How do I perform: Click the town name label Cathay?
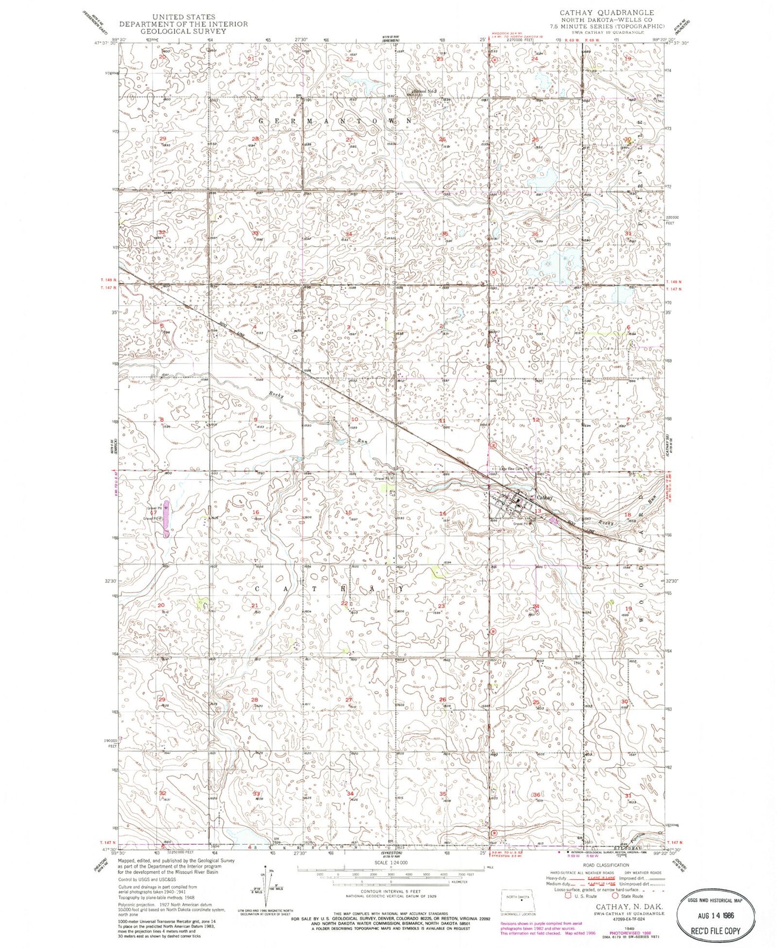tap(544, 497)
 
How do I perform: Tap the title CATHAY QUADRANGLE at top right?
tap(607, 12)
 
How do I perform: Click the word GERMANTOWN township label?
tap(336, 121)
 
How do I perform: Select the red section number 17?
tap(153, 512)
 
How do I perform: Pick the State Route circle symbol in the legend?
tap(615, 896)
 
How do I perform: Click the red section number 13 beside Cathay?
tap(537, 511)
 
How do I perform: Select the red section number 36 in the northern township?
tap(534, 234)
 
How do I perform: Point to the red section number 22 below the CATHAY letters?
tap(344, 603)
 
